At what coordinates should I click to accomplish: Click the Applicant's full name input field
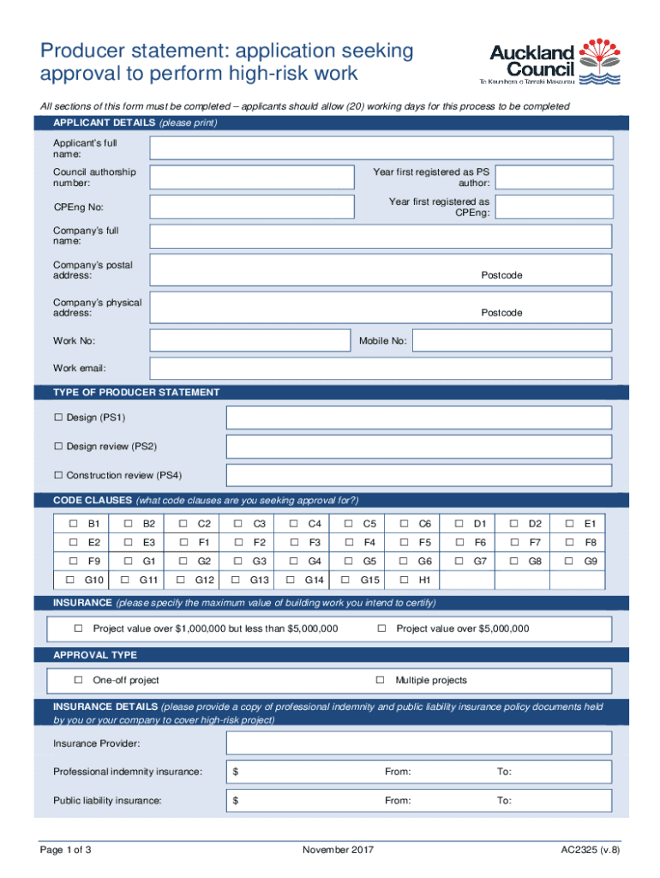(x=381, y=148)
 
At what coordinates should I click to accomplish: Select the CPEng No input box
(x=251, y=207)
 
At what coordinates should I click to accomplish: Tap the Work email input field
(x=381, y=368)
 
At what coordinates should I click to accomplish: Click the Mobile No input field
(x=512, y=340)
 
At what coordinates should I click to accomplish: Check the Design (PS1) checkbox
(x=59, y=418)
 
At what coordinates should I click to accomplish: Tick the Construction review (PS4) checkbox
(x=59, y=475)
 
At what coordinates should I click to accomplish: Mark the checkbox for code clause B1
(x=74, y=523)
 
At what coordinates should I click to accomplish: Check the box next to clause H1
(x=405, y=580)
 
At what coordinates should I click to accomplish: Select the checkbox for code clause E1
(x=569, y=523)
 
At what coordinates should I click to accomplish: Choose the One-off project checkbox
(x=77, y=680)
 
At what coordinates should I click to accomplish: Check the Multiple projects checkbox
(x=380, y=680)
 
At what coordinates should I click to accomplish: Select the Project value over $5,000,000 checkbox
(x=381, y=628)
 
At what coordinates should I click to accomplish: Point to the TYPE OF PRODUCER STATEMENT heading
(x=136, y=392)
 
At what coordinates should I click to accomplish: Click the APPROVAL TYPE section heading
(x=95, y=655)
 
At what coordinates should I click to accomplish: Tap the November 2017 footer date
(x=338, y=850)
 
